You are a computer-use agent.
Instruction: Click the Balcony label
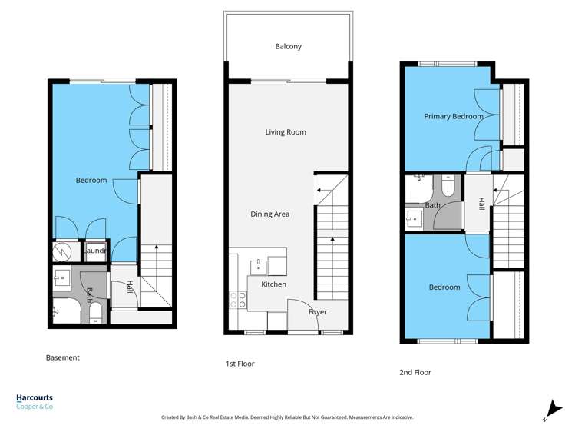[x=288, y=46]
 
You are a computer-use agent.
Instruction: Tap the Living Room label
[x=286, y=132]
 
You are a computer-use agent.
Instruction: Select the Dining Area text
[x=269, y=214]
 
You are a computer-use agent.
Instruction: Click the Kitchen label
[x=273, y=284]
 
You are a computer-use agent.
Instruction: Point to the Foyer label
[x=317, y=312]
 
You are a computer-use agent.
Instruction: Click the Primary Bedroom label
[x=454, y=117]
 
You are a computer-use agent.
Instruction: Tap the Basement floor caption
[x=63, y=357]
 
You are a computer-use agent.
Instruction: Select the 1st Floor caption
[x=240, y=364]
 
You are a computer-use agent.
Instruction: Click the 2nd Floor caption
[x=415, y=372]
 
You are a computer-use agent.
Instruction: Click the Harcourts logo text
[x=35, y=398]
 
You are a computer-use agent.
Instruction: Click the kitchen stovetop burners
[x=236, y=301]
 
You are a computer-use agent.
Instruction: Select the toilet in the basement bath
[x=96, y=311]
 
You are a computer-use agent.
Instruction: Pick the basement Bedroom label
[x=91, y=181]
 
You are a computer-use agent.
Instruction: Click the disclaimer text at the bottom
[x=287, y=417]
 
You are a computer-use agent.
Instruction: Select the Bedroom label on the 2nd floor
[x=444, y=287]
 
